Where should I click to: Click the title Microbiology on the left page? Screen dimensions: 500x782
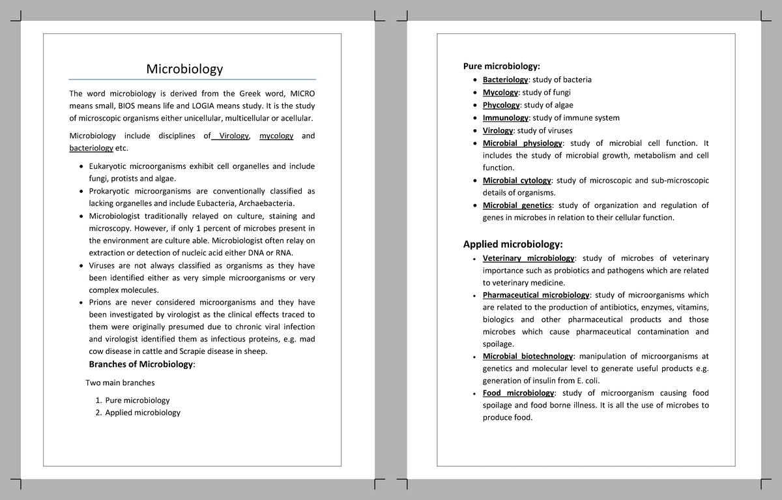(184, 69)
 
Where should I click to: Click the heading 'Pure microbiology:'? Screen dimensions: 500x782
(501, 66)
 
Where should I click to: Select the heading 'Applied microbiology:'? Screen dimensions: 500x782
(512, 244)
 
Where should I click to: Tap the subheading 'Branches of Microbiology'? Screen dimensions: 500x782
(141, 364)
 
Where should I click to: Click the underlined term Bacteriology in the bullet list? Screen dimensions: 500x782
(505, 80)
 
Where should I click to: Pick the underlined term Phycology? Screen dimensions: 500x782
(501, 105)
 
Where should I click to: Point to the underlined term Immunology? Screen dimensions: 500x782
(505, 118)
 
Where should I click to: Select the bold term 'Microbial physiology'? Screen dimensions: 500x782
(522, 143)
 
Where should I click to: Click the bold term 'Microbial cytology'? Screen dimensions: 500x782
(517, 180)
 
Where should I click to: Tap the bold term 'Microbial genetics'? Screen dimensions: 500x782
(517, 205)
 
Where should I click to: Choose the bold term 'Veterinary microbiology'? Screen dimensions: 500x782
(529, 258)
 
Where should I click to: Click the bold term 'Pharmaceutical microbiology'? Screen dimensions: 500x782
(536, 295)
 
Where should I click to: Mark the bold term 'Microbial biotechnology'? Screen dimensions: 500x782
(528, 357)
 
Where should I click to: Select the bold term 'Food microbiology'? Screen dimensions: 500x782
(518, 393)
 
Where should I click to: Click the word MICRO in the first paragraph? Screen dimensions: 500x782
(302, 93)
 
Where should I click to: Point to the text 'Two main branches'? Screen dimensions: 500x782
(120, 383)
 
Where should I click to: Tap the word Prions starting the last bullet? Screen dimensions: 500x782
(100, 302)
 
